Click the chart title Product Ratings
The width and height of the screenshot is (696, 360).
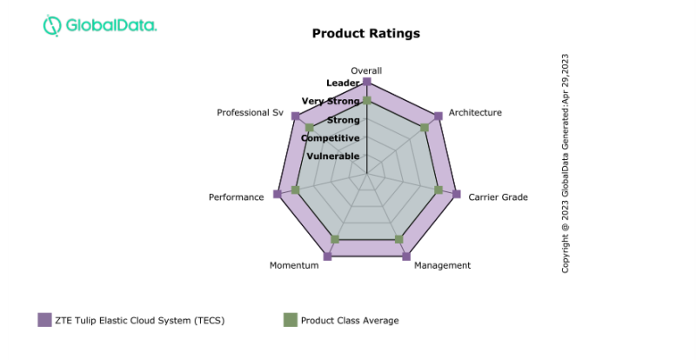pos(365,33)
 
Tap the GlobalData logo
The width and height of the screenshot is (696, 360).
pos(100,25)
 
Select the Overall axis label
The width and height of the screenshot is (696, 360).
pos(366,70)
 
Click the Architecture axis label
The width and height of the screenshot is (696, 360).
pos(475,113)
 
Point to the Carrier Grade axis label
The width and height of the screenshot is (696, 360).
pos(498,197)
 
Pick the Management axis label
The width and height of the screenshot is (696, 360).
pos(442,265)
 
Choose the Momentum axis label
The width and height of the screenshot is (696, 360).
pos(294,265)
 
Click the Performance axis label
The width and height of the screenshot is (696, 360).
pos(236,197)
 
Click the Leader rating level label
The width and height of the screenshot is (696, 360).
pos(343,83)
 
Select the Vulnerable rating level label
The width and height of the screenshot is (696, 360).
pos(332,157)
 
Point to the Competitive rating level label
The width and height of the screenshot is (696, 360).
pos(331,137)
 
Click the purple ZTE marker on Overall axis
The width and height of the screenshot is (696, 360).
pos(367,82)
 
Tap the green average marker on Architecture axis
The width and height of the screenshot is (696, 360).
pos(425,128)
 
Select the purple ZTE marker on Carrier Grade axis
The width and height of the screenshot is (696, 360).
pos(457,194)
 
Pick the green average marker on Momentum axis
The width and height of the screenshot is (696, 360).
pos(336,239)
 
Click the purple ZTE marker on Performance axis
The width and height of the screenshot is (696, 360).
pos(278,194)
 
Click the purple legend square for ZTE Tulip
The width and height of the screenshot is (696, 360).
pos(45,320)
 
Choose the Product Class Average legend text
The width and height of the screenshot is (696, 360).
pos(350,321)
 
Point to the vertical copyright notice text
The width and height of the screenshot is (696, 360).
pos(565,163)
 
